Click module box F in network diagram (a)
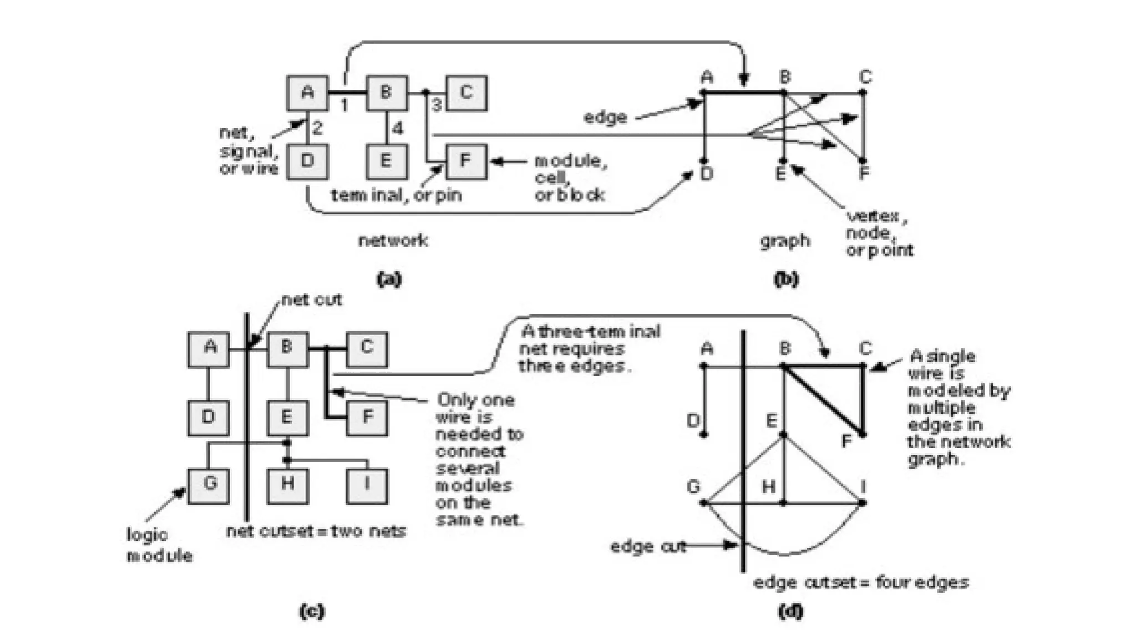point(466,161)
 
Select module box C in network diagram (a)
point(466,93)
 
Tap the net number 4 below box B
point(397,129)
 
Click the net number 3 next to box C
point(437,104)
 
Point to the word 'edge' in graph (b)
point(605,117)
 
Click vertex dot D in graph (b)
point(704,160)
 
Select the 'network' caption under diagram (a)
point(393,240)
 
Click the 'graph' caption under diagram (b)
point(784,241)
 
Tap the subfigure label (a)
point(388,278)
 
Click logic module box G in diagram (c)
point(209,485)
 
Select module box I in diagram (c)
point(367,485)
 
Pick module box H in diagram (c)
point(287,485)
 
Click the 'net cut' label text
point(311,300)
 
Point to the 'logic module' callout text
point(159,545)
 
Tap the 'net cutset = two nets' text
point(316,531)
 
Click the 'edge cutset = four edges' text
point(860,582)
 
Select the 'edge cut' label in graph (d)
point(648,546)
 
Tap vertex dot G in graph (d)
point(703,503)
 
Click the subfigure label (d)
point(790,611)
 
